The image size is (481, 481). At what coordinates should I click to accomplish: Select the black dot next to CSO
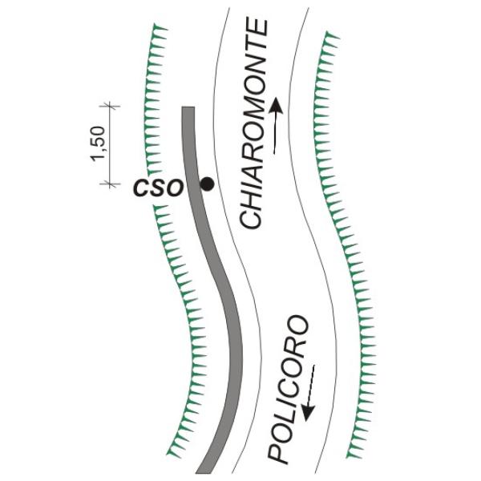click(207, 184)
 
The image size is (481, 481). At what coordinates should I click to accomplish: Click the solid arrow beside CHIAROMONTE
click(277, 124)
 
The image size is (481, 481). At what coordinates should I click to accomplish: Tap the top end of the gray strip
click(188, 109)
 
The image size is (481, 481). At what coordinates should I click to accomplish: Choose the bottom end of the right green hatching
click(350, 455)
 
